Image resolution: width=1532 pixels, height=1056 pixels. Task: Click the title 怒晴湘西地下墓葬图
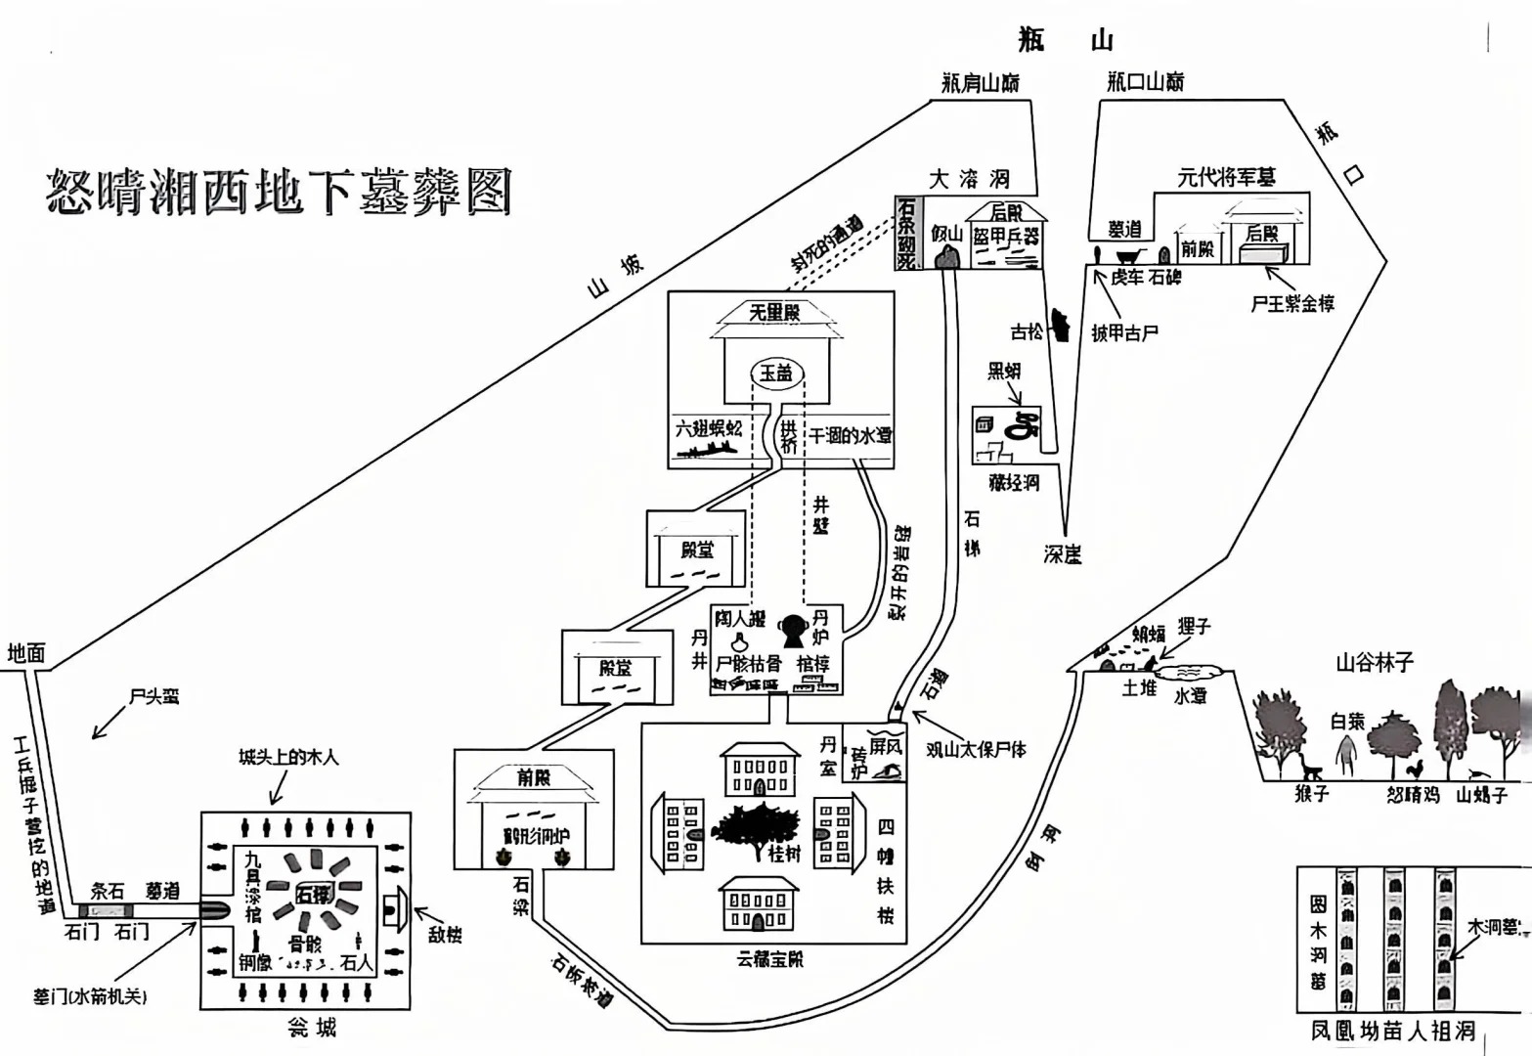point(279,190)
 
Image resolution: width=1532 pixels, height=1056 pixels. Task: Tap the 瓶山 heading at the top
point(1065,40)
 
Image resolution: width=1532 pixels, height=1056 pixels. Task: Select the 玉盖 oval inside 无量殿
point(777,373)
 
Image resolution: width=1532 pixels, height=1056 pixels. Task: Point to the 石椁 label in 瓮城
point(314,893)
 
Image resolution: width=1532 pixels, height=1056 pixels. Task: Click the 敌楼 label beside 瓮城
point(445,934)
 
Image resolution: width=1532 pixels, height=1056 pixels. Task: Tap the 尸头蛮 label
point(153,697)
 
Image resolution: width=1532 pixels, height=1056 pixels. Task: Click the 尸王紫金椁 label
point(1292,303)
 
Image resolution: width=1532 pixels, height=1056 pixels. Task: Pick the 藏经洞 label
point(1013,482)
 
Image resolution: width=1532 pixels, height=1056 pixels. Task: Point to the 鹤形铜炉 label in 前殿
point(535,836)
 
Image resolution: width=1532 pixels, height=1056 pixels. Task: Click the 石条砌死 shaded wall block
point(906,232)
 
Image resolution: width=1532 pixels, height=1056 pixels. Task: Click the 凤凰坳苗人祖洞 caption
point(1391,1030)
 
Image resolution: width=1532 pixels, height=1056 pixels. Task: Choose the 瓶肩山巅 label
point(981,82)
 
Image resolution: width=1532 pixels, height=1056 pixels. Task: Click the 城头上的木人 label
point(289,757)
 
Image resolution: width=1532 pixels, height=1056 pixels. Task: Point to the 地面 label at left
point(26,653)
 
